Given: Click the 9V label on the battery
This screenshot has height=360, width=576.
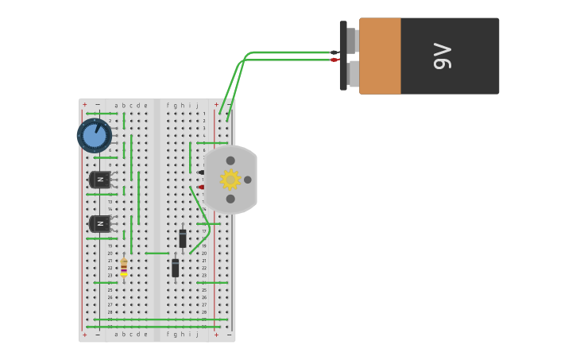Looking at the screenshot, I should (443, 56).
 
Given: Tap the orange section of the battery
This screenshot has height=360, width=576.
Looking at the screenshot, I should (380, 56).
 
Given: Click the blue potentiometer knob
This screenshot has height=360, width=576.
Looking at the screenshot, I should (95, 136).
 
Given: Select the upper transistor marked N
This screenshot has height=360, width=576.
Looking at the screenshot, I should (100, 180).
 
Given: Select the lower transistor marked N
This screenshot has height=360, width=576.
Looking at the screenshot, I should (100, 224).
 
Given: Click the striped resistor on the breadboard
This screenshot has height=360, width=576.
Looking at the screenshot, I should (124, 268).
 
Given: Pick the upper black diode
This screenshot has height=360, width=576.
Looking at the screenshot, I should (183, 238).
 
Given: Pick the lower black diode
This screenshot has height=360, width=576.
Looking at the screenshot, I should (175, 268).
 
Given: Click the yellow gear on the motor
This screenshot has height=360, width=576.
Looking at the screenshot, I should (230, 180).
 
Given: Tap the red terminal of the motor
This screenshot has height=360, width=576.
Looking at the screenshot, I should (201, 188).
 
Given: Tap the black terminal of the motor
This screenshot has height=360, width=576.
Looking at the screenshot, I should (201, 172).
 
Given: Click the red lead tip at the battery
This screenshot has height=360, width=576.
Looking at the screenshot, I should (334, 60).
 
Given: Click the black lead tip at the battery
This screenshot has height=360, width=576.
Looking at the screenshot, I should (334, 52).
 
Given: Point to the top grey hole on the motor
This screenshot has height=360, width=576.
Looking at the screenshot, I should (230, 161).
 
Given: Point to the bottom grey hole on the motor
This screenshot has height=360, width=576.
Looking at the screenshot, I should (230, 199).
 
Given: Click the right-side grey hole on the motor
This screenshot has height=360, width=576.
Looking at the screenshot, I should (248, 180).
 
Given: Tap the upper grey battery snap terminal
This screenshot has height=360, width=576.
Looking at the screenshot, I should (352, 40).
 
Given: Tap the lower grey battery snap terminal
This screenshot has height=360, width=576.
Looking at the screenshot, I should (352, 74).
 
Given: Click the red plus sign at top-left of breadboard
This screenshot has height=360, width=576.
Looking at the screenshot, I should (85, 105).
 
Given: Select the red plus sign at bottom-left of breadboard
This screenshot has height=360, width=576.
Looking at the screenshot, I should (85, 335).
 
